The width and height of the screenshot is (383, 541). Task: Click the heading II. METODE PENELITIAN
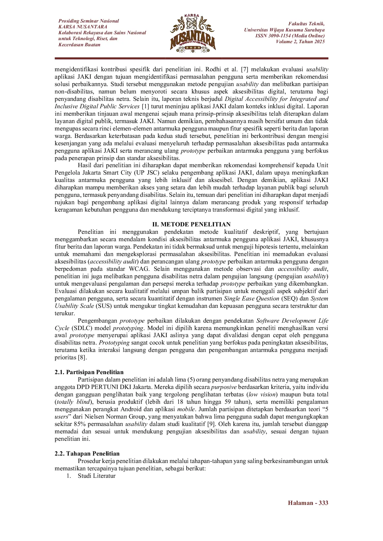click(192, 224)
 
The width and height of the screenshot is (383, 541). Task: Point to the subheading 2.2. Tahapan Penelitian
click(87, 453)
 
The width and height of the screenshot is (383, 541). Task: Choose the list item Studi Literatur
click(96, 476)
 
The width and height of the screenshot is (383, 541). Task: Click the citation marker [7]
click(244, 69)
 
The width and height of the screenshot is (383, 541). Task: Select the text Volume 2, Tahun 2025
click(300, 42)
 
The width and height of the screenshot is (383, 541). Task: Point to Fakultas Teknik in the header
click(306, 24)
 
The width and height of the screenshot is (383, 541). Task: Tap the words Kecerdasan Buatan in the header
click(79, 45)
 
